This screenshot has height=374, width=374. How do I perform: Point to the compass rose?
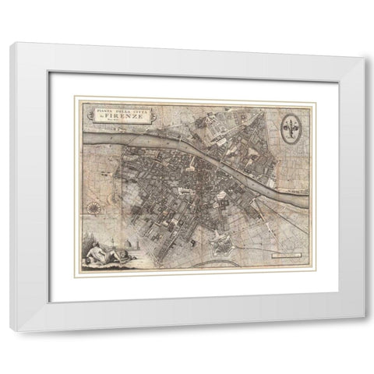(x=93, y=208)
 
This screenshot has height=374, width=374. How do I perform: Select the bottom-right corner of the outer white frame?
(x=363, y=331)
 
